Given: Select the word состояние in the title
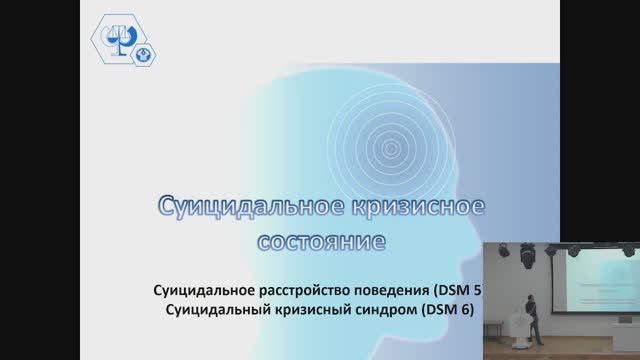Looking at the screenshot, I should coord(319,242).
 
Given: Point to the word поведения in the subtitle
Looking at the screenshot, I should coord(395,291).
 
